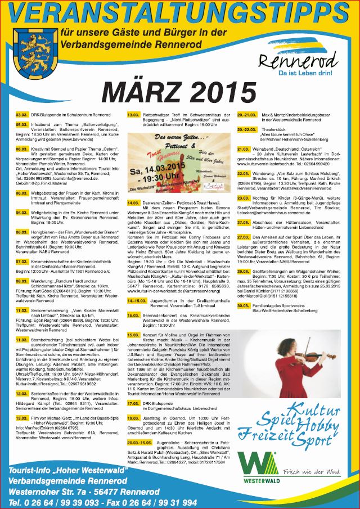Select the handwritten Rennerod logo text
click(x=299, y=60)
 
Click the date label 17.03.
click(x=133, y=419)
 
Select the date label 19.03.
click(x=133, y=434)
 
